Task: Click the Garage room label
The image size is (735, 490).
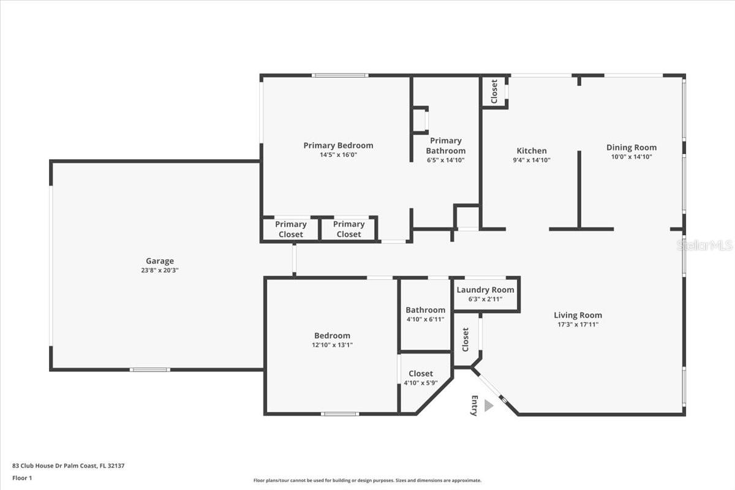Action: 160,262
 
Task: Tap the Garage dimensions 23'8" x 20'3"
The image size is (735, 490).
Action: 160,271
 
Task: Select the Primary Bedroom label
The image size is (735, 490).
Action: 338,145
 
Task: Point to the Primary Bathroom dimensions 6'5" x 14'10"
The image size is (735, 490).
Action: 446,160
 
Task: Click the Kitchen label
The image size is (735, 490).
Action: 532,151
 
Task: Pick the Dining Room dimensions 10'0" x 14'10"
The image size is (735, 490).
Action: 631,157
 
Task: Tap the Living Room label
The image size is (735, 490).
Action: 578,315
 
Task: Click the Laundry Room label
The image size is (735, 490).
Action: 485,290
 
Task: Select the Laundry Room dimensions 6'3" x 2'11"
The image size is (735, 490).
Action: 485,299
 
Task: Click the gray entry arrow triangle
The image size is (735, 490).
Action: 489,405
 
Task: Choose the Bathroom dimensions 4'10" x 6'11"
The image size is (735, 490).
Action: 425,319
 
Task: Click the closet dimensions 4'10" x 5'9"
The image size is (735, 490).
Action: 421,383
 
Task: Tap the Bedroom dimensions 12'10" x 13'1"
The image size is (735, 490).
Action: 332,345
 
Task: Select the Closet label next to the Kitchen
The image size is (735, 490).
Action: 494,91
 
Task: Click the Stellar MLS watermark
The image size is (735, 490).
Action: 704,245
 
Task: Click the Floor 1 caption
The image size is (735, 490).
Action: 22,478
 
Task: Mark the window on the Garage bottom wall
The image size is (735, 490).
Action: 150,370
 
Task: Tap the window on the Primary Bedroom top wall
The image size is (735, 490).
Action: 340,75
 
